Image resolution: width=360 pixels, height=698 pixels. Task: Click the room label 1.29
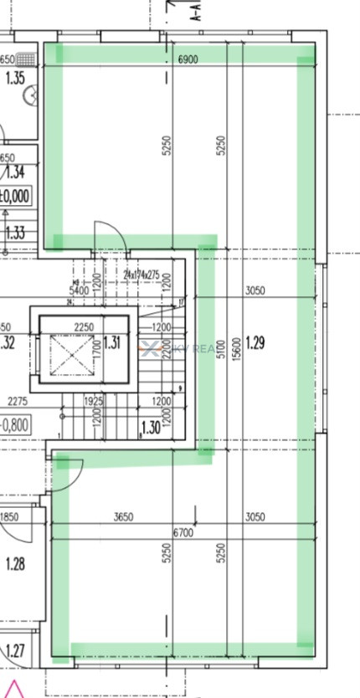click(258, 341)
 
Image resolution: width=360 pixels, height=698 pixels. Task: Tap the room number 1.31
click(112, 341)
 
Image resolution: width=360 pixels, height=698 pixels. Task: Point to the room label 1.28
click(15, 564)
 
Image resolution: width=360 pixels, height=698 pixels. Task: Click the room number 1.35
click(14, 80)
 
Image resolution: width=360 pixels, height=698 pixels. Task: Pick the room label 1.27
click(15, 650)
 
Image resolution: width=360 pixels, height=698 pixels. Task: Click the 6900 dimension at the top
click(188, 59)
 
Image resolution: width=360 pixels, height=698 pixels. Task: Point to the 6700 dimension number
click(184, 533)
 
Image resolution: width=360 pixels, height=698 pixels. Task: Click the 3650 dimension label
click(124, 517)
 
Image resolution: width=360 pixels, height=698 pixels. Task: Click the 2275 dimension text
click(16, 402)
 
